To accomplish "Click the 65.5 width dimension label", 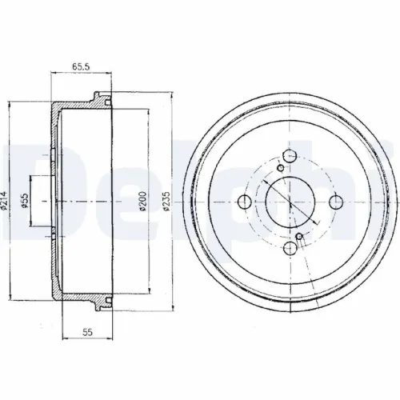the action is pyautogui.click(x=81, y=66).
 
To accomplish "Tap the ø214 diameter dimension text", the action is pyautogui.click(x=3, y=200).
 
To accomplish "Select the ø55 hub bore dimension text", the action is pyautogui.click(x=25, y=202).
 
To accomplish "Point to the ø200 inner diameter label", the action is pyautogui.click(x=143, y=201).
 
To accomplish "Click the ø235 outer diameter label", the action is pyautogui.click(x=166, y=201).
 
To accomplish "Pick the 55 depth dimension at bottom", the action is pyautogui.click(x=87, y=332).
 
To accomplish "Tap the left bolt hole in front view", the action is pyautogui.click(x=244, y=202).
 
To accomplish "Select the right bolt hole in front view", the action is pyautogui.click(x=336, y=202).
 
